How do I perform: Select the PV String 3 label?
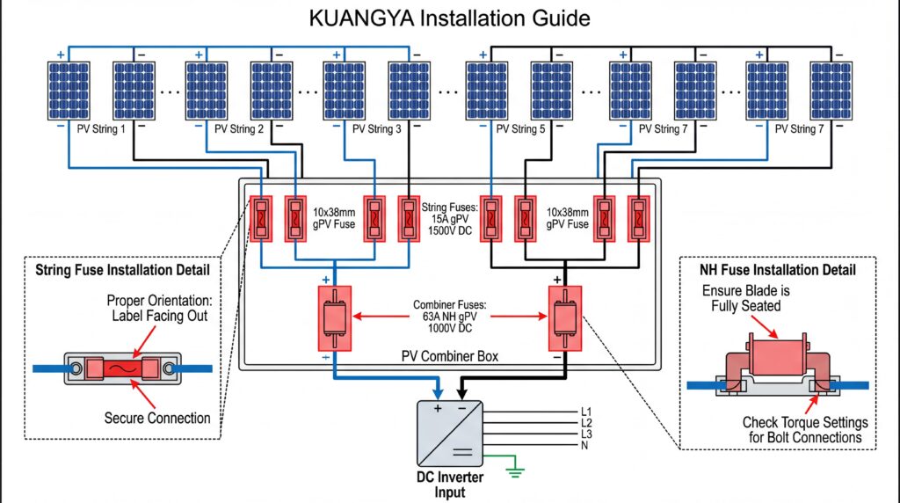[x=376, y=129]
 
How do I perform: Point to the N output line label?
[x=584, y=446]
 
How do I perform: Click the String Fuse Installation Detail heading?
[x=121, y=268]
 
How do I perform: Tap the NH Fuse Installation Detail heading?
[x=777, y=270]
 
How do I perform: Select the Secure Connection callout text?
[x=157, y=417]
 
